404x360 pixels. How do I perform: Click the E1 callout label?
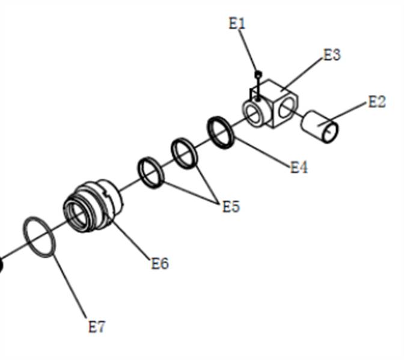click(x=237, y=23)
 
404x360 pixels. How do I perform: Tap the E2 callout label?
click(x=377, y=102)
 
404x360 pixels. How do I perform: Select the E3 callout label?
click(x=332, y=55)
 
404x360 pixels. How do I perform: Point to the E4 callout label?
click(x=299, y=168)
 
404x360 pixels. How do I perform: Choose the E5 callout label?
click(x=231, y=206)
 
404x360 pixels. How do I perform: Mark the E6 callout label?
click(x=160, y=263)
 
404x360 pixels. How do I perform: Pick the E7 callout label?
click(x=97, y=327)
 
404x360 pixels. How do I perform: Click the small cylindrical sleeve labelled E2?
click(x=319, y=126)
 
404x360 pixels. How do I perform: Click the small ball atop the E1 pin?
click(x=258, y=75)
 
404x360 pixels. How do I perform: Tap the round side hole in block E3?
click(x=287, y=108)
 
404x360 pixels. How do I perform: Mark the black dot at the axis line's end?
click(x=1, y=264)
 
